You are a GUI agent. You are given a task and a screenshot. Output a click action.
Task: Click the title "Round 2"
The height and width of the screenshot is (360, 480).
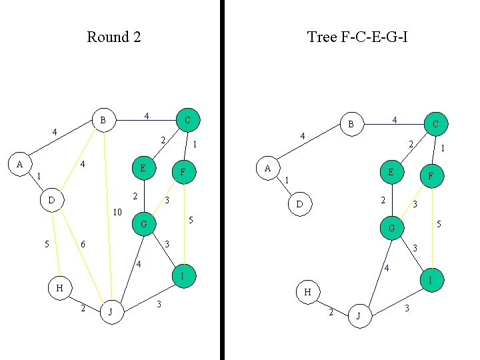pos(114,37)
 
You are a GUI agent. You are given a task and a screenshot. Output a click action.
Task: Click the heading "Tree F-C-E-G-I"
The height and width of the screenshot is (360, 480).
pos(357,37)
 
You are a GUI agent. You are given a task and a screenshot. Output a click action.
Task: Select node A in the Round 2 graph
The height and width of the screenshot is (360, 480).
pos(20,164)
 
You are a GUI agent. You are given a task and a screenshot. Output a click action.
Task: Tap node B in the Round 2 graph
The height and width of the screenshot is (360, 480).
pos(103,121)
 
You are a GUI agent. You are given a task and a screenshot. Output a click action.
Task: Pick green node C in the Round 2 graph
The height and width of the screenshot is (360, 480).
pos(187,121)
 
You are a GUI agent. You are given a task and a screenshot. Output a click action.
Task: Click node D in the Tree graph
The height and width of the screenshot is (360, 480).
pos(300,203)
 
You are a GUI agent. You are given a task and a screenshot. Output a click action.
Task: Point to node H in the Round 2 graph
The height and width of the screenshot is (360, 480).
pos(60,288)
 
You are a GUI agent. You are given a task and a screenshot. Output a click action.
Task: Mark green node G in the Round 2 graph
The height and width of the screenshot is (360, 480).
pos(144,225)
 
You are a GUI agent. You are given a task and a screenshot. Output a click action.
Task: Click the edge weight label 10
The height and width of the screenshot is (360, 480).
pos(117,213)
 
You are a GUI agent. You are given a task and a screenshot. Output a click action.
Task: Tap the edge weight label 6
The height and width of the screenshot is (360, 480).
pos(83,245)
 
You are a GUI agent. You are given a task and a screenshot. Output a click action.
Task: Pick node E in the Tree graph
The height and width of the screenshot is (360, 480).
pos(391,172)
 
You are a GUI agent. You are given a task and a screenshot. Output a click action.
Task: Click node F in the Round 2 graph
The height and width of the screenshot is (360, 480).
pos(183,172)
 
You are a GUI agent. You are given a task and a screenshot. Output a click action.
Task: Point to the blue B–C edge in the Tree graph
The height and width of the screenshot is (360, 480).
pos(393,123)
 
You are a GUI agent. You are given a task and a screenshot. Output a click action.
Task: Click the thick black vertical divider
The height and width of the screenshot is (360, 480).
pos(221,180)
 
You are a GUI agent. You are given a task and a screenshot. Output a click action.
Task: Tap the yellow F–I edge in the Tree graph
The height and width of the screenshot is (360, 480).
pos(432,227)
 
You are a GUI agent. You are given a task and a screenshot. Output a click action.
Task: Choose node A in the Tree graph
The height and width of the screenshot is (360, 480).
pos(268,169)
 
